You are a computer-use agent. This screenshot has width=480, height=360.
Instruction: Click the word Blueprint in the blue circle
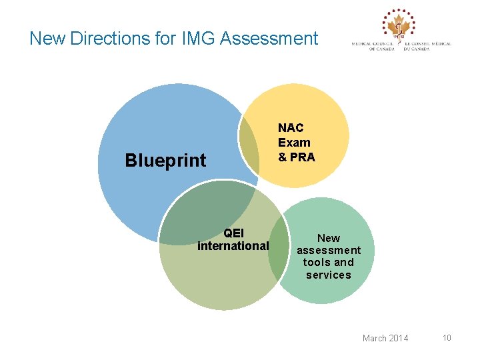[166, 161]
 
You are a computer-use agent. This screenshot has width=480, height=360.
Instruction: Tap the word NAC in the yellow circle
[290, 128]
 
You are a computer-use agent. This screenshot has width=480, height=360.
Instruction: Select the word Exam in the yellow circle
[294, 143]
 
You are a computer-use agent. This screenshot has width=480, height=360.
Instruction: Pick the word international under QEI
[233, 246]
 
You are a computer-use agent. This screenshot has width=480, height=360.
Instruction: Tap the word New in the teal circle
[329, 238]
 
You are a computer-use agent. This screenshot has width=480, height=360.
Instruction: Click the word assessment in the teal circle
[329, 251]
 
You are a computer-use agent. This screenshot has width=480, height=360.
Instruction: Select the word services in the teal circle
[329, 275]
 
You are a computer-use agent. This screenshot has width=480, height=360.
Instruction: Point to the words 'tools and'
[329, 263]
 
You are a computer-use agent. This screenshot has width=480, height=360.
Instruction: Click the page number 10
[447, 338]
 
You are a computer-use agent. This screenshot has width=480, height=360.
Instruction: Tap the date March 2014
[385, 339]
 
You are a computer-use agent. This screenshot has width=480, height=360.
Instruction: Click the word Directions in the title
[103, 39]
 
